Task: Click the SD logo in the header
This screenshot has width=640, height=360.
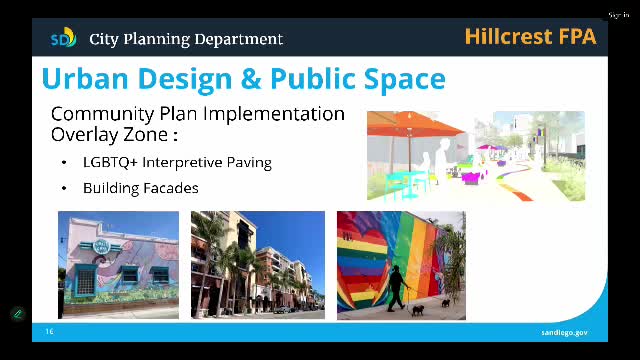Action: click(63, 38)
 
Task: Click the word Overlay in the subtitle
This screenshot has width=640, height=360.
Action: click(82, 134)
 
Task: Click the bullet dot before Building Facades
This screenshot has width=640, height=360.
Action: click(64, 188)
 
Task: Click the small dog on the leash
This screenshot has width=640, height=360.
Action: click(418, 309)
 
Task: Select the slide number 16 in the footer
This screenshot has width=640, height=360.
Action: click(49, 331)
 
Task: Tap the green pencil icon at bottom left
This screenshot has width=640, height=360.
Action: click(17, 313)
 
